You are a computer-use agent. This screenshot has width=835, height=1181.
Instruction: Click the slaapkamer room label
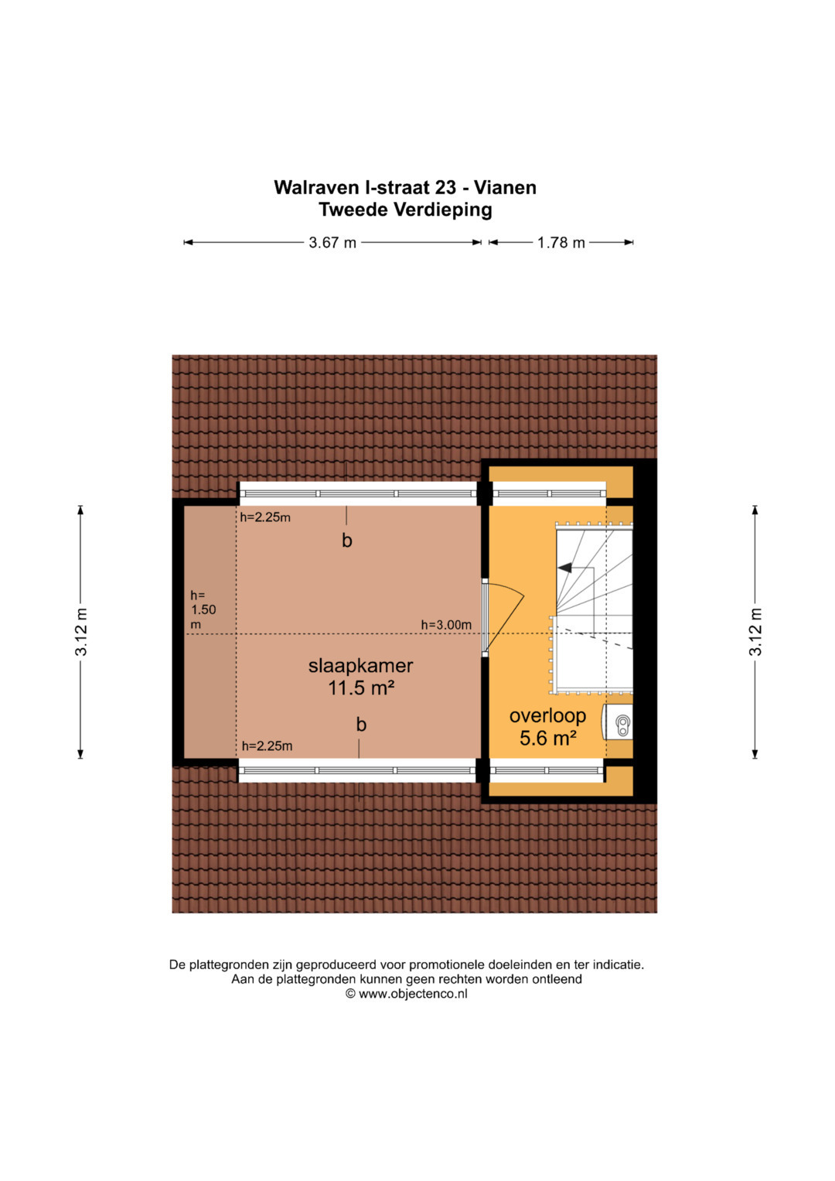point(360,666)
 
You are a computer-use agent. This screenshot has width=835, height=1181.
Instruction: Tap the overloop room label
point(547,715)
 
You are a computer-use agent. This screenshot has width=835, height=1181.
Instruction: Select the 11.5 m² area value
point(362,688)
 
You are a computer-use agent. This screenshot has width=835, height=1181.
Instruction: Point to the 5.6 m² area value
point(547,738)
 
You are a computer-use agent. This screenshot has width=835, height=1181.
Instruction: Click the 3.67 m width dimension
point(332,243)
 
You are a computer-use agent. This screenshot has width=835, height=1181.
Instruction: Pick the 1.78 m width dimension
point(561,243)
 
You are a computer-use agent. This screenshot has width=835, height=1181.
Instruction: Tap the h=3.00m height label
point(446,625)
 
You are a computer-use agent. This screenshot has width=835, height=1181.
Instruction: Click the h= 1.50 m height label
point(203,610)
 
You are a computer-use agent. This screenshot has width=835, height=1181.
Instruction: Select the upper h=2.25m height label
point(265,517)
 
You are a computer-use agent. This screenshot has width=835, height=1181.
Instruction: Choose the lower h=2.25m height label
point(267,746)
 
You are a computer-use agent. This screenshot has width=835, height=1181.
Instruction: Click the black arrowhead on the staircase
point(564,568)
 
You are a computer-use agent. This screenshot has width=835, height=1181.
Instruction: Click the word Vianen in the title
point(505,187)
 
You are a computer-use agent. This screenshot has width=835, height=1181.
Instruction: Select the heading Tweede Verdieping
point(405,210)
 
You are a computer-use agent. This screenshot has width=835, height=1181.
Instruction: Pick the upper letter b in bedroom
point(347,541)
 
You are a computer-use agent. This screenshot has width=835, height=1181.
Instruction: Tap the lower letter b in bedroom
point(361,725)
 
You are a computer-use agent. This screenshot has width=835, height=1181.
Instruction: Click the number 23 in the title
point(445,187)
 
